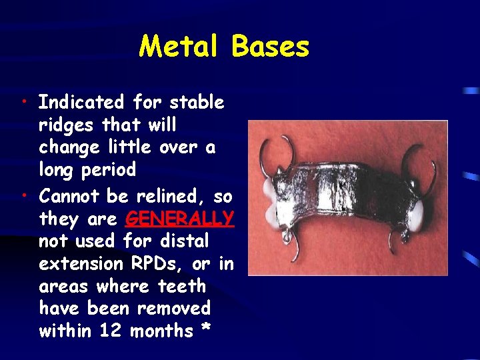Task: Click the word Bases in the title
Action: coord(271,47)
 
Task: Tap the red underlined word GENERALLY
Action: coord(179,218)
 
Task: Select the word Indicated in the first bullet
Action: coord(81,103)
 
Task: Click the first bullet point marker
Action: coord(23,102)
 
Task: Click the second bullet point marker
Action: coord(23,195)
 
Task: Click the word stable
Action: coord(197,103)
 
